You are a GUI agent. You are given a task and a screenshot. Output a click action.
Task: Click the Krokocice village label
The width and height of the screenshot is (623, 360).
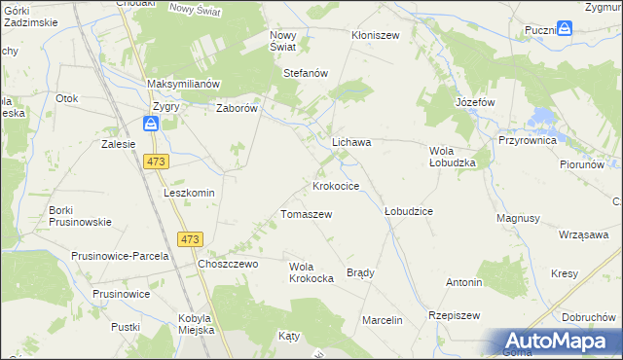coord(336,185)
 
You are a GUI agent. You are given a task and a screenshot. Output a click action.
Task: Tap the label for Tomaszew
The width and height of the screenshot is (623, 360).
coord(307,214)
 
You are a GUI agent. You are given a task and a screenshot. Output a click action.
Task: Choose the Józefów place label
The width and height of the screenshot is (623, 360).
coord(475,101)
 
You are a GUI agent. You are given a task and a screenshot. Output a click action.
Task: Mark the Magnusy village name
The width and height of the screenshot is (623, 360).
coord(518,218)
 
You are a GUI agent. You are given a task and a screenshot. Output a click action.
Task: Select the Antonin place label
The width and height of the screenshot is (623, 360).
coord(464,282)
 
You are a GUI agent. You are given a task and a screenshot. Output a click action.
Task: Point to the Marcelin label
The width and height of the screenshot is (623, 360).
coord(382,320)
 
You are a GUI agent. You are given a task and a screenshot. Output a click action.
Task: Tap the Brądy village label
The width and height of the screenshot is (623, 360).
coord(360,272)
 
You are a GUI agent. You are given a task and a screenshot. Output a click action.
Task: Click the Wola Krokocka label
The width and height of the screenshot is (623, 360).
coord(311,271)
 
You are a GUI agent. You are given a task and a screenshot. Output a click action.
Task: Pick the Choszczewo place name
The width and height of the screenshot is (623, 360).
coord(227,264)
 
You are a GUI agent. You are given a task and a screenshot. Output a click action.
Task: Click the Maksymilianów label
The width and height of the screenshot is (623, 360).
coord(185,84)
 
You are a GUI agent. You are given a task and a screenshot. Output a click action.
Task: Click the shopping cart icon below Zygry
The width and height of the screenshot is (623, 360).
coord(151,124)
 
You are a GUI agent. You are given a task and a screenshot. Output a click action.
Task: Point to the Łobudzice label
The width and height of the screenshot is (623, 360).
coord(409,210)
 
